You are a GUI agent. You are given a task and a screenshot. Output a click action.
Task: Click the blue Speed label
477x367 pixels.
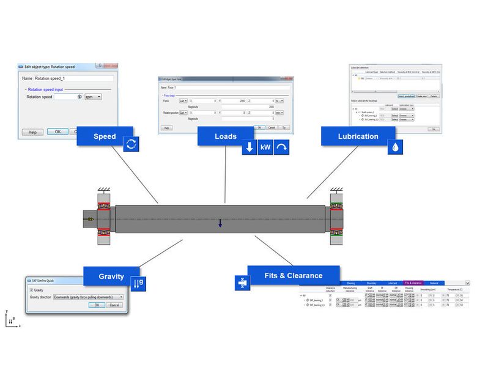coord(105,136)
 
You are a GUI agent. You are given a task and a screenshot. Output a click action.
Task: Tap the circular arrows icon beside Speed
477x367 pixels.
coord(131,145)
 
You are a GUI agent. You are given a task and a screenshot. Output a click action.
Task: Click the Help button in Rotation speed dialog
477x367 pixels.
coord(32,132)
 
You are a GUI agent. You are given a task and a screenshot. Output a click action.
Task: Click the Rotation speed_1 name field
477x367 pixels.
coord(73,78)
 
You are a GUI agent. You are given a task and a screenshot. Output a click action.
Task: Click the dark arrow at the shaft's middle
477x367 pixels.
coord(220,225)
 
